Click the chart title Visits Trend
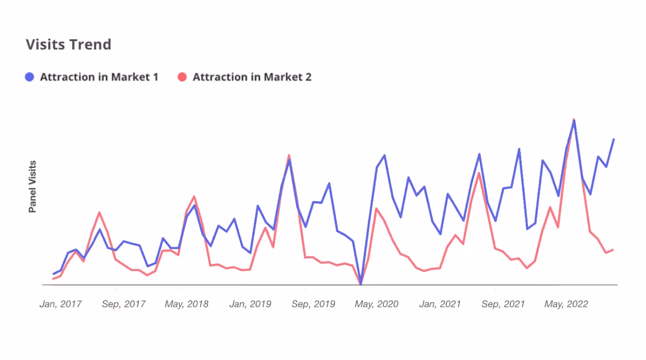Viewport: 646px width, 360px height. coord(68,45)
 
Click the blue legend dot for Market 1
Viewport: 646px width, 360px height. coord(29,77)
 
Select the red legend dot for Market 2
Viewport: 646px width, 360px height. coord(182,77)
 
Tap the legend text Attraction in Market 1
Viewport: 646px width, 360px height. coord(99,77)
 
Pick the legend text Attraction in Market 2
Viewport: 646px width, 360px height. coord(252,77)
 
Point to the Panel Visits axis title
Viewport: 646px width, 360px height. coord(32,186)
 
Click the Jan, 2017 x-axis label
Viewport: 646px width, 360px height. coord(60,304)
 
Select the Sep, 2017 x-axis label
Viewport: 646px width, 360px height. coord(123,304)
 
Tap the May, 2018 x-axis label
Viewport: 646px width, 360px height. coord(186,304)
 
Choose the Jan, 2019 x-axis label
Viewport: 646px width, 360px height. coord(250,304)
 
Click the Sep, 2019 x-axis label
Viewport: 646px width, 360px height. coord(313,304)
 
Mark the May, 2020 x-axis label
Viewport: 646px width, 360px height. coord(376,304)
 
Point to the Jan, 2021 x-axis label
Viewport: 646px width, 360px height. coord(440,304)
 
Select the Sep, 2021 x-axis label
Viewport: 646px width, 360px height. coord(503,304)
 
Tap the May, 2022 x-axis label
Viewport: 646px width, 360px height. coord(566,304)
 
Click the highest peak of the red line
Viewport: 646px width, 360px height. coord(574,120)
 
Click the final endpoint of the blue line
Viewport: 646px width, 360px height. coord(614,139)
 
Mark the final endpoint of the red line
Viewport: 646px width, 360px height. coord(614,249)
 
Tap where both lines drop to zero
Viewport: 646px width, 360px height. coord(361,284)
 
